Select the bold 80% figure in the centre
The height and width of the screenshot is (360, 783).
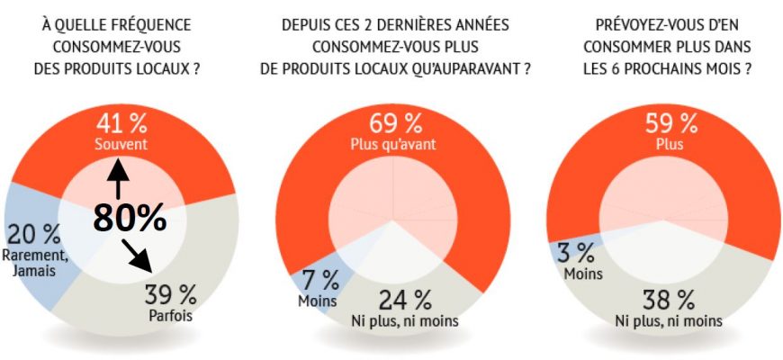130,216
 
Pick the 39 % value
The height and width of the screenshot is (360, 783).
169,293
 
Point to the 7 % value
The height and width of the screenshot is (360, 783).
317,279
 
